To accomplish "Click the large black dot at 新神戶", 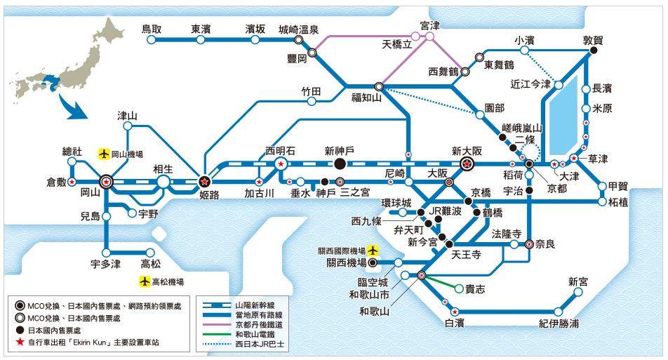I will pos(340,164).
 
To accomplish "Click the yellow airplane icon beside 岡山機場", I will pos(105,153).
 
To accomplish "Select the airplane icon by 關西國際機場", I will pos(373,250).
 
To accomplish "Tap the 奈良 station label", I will pos(549,244).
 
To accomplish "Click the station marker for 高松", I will pos(150,252).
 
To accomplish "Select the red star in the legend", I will pos(21,342).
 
